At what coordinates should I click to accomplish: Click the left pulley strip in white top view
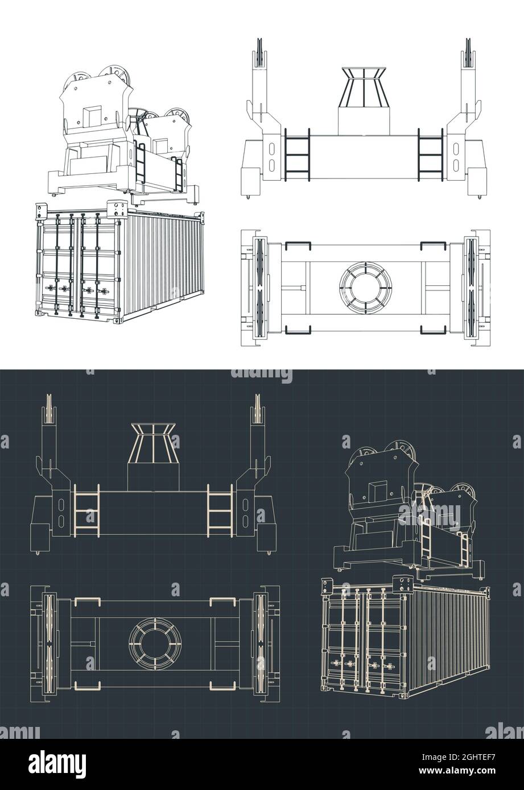point(259,288)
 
